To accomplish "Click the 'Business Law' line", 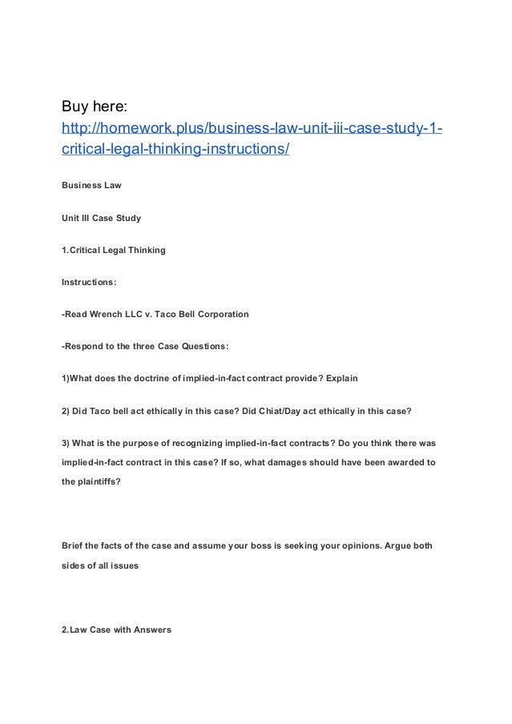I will (x=91, y=185).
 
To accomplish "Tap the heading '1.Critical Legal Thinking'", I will (x=114, y=250).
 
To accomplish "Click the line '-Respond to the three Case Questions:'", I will (x=145, y=346).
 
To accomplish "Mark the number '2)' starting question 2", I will (x=66, y=411).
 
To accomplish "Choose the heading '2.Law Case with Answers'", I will (x=116, y=629).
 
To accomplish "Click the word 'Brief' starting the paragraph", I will (x=74, y=545).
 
